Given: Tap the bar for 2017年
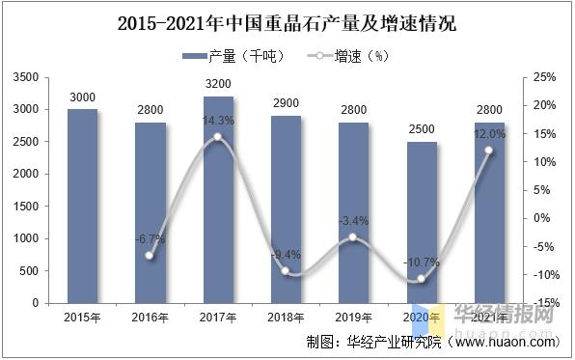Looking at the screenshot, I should click(x=218, y=199).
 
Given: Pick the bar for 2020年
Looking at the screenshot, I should click(x=422, y=222).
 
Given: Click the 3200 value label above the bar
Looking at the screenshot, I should click(x=218, y=84).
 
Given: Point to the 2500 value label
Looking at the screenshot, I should click(x=422, y=129).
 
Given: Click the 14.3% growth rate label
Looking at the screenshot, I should click(x=218, y=120).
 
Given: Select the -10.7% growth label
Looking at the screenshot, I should click(x=422, y=262).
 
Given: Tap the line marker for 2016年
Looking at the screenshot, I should click(x=151, y=256).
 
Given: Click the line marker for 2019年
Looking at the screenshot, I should click(x=354, y=237).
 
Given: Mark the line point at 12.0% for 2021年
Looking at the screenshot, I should click(x=489, y=151).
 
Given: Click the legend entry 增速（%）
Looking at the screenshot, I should click(x=348, y=56).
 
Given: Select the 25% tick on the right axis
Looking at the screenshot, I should click(x=544, y=76).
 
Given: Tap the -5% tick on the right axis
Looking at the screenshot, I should click(x=544, y=246).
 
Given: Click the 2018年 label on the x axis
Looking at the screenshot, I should click(x=287, y=317).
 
